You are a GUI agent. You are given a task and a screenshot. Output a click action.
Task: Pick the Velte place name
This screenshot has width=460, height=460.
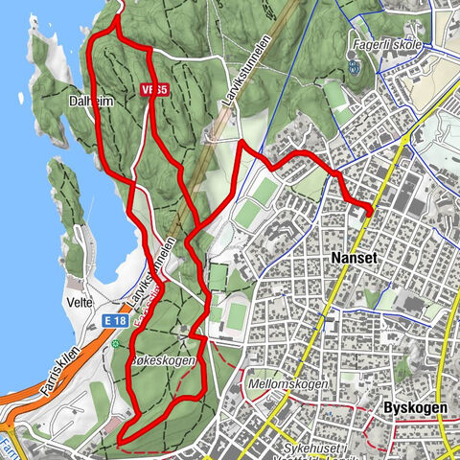pyautogui.click(x=80, y=302)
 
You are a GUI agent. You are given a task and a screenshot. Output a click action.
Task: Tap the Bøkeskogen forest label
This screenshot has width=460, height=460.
pyautogui.click(x=167, y=361)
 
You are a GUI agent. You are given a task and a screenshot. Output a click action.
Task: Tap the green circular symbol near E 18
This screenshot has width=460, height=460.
pyautogui.click(x=116, y=343)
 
